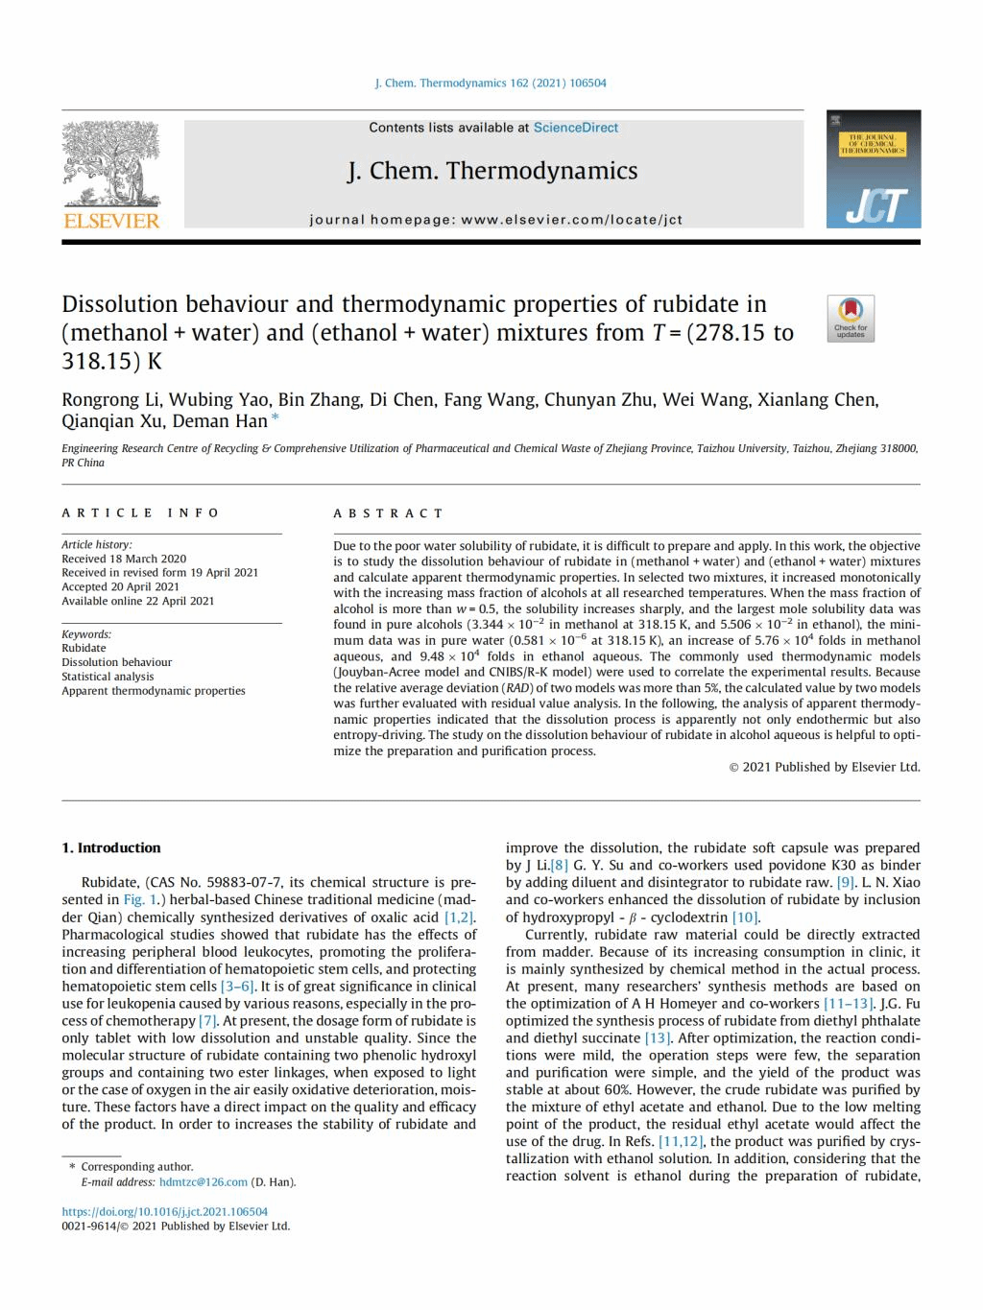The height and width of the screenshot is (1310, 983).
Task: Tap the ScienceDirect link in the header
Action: (x=576, y=128)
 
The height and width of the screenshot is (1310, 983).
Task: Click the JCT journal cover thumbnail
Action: (x=873, y=169)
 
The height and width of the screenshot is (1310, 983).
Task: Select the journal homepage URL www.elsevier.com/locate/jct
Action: (x=571, y=220)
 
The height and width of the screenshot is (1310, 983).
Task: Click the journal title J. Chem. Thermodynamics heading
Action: (x=492, y=171)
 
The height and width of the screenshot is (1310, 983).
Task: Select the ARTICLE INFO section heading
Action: (x=141, y=513)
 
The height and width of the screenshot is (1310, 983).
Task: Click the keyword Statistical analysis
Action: (x=108, y=677)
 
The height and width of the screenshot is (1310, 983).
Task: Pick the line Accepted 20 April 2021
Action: (x=120, y=586)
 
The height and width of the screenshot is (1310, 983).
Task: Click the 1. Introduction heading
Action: (x=111, y=848)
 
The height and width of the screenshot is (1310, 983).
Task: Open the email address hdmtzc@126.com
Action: (x=204, y=1182)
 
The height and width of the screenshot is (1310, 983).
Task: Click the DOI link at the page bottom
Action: (x=165, y=1211)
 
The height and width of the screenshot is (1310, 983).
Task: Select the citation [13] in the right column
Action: (x=658, y=1038)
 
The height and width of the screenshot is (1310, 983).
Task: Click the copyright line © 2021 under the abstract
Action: (x=825, y=767)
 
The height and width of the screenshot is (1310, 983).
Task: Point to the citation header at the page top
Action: (x=491, y=83)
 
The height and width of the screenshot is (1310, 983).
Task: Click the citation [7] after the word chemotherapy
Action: (x=208, y=1021)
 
